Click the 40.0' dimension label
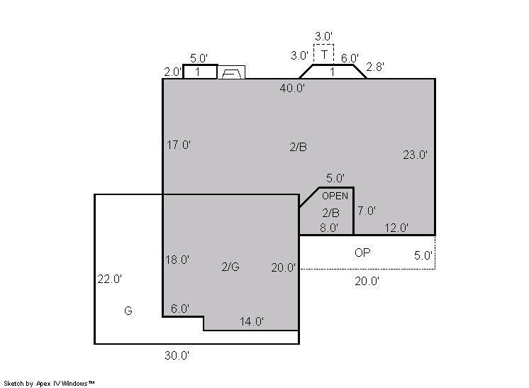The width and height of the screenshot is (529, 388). [x=292, y=89]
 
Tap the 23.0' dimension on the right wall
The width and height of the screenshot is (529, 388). [x=415, y=155]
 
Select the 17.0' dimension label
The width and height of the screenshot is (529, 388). [x=179, y=145]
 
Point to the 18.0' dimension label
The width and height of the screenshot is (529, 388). [x=177, y=260]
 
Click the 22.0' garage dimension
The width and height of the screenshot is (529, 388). [x=110, y=279]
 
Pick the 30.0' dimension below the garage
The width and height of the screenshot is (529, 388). [x=177, y=355]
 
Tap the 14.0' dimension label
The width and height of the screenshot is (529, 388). [x=252, y=321]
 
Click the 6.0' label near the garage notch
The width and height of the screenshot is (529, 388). [x=180, y=309]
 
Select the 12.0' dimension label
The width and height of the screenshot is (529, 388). [x=396, y=228]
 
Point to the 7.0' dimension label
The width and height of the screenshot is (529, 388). [x=367, y=211]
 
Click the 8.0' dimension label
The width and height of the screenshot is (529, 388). [x=329, y=228]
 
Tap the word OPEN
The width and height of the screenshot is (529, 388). [x=335, y=196]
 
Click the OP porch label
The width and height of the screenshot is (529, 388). [x=362, y=253]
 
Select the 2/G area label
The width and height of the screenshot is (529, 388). [x=230, y=267]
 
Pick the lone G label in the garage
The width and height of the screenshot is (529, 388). [x=128, y=311]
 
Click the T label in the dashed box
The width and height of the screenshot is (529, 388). [x=324, y=55]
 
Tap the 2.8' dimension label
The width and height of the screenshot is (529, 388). [x=375, y=67]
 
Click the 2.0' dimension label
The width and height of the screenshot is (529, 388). [x=173, y=72]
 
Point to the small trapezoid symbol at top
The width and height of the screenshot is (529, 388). [x=231, y=72]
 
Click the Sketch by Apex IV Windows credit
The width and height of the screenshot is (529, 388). [x=49, y=383]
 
